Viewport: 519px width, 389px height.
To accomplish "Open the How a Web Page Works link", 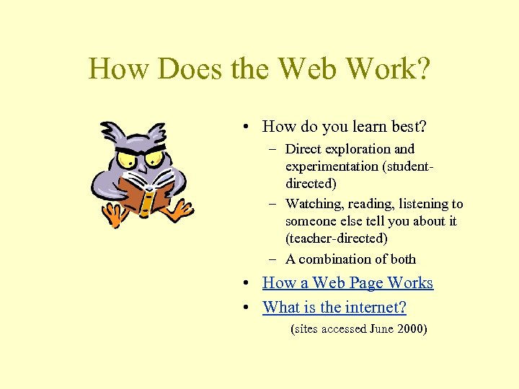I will coord(347,283).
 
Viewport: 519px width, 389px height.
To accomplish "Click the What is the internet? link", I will coord(334,308).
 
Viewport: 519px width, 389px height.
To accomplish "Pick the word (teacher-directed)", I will coord(336,238).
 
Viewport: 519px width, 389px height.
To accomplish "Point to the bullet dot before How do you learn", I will coord(247,128).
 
